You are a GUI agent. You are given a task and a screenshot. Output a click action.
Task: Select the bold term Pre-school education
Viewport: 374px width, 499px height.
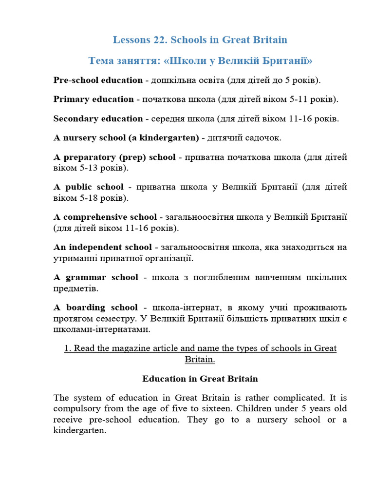click(98, 80)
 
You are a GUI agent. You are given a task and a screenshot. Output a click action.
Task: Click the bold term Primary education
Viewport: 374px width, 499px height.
click(93, 99)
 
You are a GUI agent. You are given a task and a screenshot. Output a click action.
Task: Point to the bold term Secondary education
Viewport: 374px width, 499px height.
click(98, 118)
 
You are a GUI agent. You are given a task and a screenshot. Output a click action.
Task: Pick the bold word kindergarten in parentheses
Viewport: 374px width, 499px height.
click(168, 138)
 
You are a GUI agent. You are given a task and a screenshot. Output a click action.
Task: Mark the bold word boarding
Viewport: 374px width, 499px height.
click(87, 307)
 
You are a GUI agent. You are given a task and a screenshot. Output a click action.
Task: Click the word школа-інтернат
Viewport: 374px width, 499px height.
click(179, 307)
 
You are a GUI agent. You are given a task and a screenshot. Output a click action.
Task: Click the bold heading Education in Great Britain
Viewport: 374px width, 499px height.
click(200, 379)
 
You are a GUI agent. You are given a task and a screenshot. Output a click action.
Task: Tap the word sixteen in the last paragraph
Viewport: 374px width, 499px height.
click(239, 408)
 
